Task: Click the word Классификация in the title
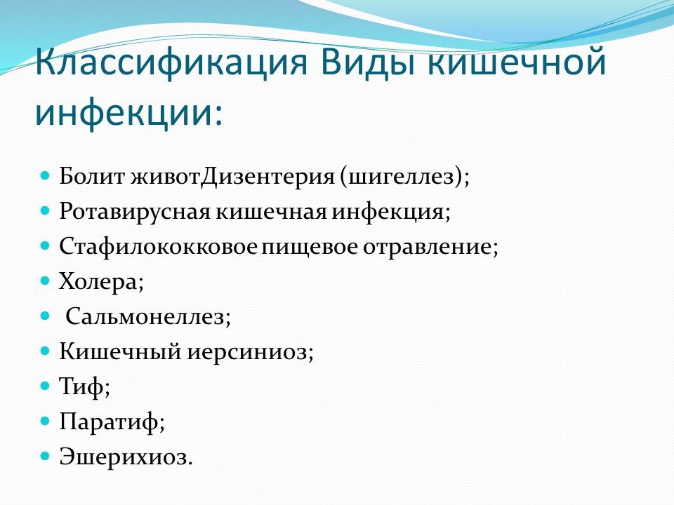(171, 63)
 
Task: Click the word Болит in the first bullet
(92, 176)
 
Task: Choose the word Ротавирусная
(135, 212)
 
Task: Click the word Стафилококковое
(159, 247)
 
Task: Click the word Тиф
(81, 386)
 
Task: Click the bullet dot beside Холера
(45, 281)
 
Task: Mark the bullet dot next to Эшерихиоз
(45, 456)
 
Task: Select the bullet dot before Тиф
(45, 386)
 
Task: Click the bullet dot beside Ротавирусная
(45, 211)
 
